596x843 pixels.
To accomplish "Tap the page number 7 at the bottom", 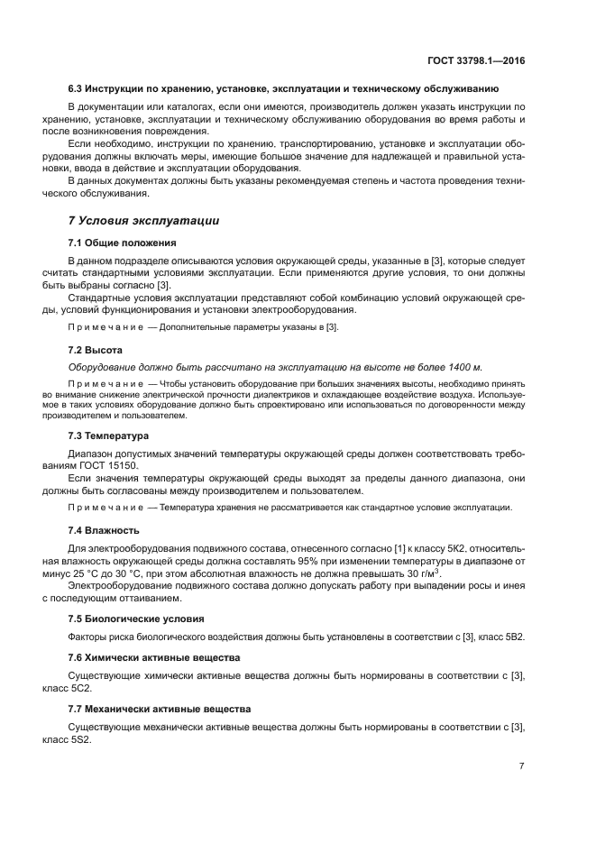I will [521, 767].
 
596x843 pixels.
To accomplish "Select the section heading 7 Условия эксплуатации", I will [143, 220].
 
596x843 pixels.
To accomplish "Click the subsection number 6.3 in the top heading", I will [77, 88].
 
